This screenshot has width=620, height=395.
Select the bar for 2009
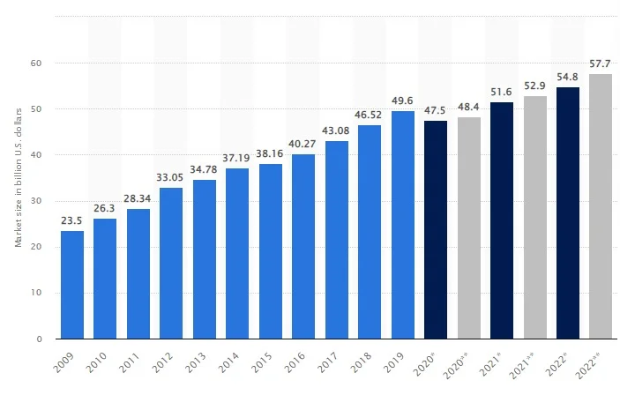pyautogui.click(x=71, y=285)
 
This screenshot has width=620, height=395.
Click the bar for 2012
pyautogui.click(x=171, y=263)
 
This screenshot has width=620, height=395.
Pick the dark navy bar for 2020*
pyautogui.click(x=436, y=229)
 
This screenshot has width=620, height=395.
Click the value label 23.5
pyautogui.click(x=71, y=221)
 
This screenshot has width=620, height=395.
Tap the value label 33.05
pyautogui.click(x=171, y=177)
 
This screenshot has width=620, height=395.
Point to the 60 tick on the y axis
pyautogui.click(x=37, y=63)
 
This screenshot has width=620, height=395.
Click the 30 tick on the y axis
pyautogui.click(x=37, y=201)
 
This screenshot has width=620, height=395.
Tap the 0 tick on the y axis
pyautogui.click(x=40, y=339)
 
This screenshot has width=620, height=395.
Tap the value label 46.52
pyautogui.click(x=370, y=116)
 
